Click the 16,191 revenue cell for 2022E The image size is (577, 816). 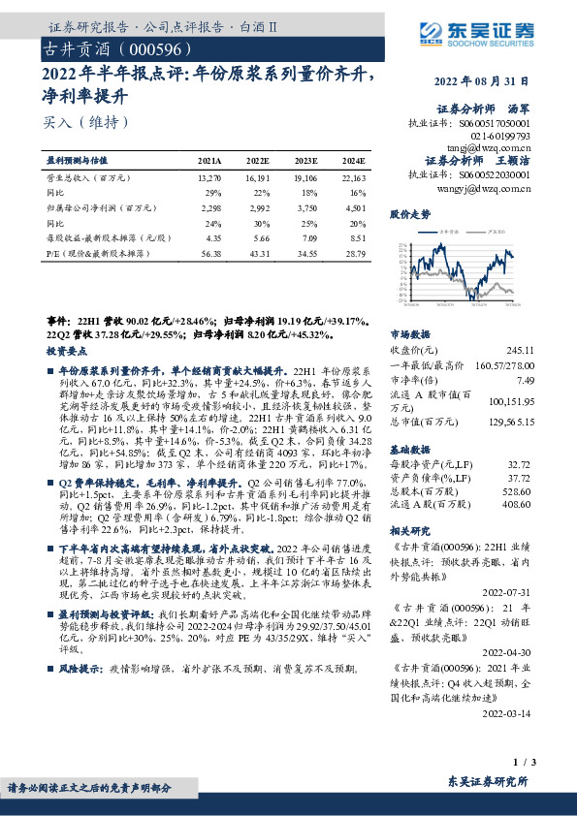pos(257,179)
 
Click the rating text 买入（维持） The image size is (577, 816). pos(85,121)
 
